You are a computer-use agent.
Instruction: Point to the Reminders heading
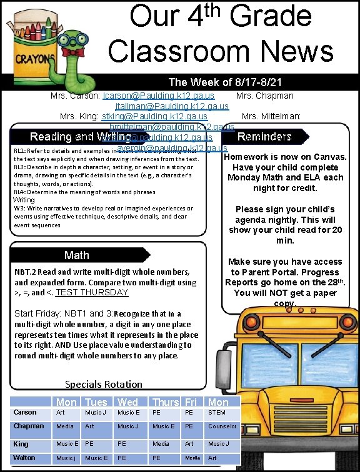pos(264,136)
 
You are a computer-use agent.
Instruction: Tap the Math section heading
pos(77,255)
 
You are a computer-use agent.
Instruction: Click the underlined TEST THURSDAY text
pos(92,292)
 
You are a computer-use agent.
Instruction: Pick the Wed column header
pos(128,401)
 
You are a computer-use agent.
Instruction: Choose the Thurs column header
pos(166,401)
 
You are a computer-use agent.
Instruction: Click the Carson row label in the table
pos(26,412)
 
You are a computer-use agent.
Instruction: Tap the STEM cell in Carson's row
pos(216,412)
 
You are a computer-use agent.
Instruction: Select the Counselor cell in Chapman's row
pos(222,426)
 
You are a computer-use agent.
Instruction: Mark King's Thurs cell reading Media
pos(161,444)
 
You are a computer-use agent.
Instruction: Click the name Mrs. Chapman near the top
pos(265,96)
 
